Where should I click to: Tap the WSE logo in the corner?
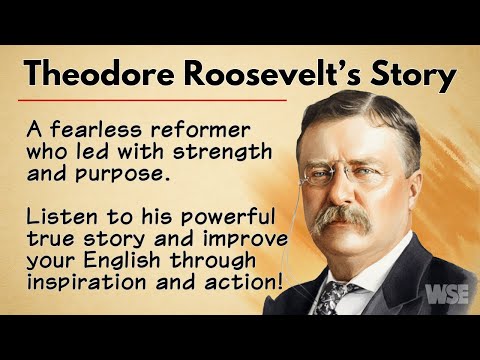pos(445,295)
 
